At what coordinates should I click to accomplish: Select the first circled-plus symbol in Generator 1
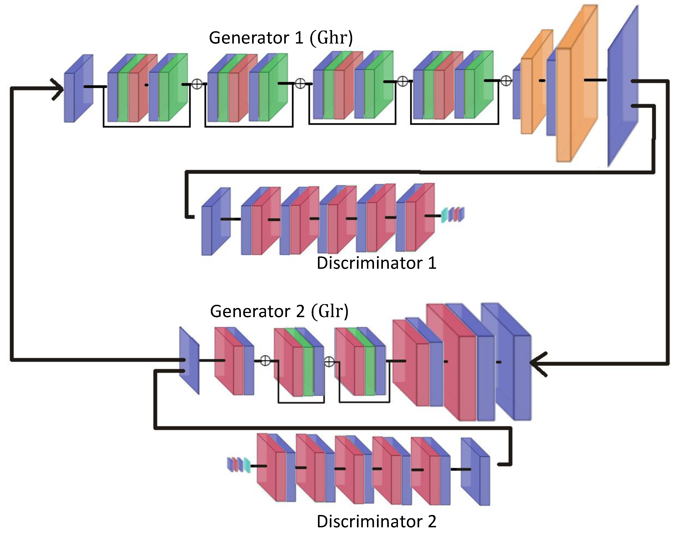[197, 84]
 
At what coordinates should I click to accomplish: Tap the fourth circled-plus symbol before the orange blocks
[506, 81]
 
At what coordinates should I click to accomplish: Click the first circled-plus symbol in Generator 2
[265, 361]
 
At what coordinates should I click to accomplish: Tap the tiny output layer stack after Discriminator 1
[453, 215]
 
